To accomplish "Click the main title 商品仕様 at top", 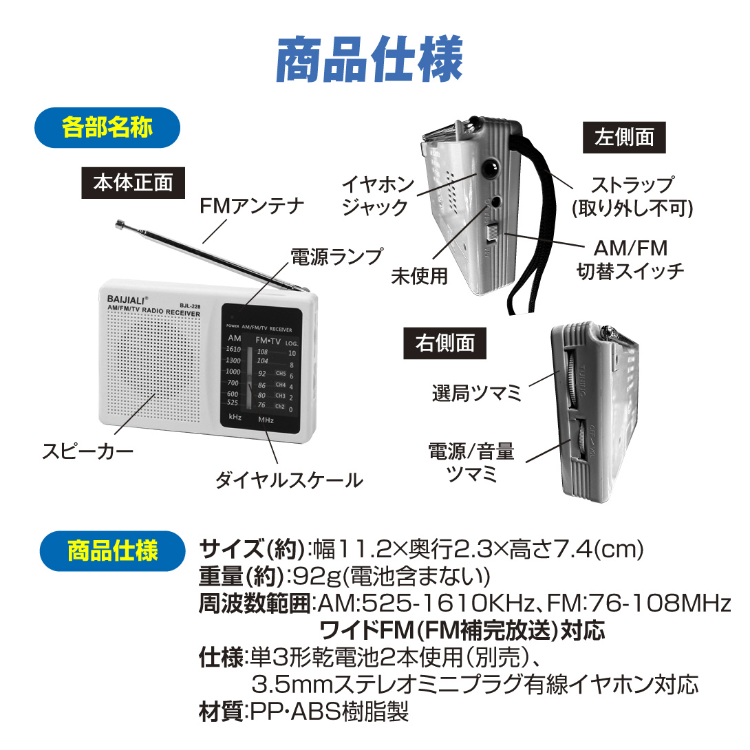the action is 369,59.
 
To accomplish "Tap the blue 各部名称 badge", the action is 107,128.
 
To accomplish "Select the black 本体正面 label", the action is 133,183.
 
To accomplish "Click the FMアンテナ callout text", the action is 252,206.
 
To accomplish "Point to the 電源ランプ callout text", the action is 337,257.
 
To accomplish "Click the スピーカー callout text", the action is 87,451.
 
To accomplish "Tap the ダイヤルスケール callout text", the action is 289,480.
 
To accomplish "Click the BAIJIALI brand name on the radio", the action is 125,300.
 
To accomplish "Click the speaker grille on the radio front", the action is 153,368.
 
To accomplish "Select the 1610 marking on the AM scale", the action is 233,349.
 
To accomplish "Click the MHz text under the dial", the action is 266,420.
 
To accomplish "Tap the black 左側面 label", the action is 624,138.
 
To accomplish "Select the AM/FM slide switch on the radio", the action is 492,233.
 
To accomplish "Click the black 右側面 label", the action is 444,343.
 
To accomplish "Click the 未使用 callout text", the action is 420,276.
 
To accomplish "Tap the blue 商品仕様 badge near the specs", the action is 112,551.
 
